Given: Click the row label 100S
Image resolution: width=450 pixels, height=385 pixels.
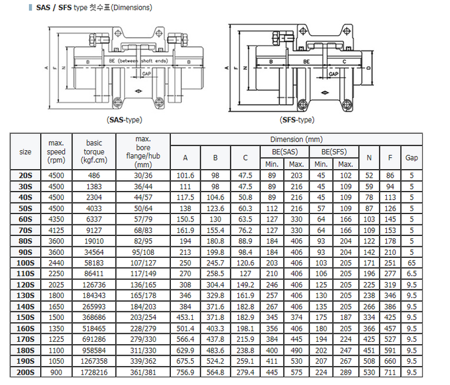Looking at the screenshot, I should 26,262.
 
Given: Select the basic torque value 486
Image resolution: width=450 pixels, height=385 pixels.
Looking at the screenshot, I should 94,175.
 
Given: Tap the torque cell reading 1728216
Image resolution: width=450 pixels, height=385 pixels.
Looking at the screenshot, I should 94,372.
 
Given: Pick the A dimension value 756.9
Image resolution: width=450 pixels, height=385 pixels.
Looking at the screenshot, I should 185,372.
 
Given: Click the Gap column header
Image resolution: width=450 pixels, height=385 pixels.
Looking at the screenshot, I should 412,158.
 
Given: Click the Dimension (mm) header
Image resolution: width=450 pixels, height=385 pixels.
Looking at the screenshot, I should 296,139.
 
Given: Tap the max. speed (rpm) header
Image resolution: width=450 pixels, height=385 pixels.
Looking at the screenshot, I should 56,151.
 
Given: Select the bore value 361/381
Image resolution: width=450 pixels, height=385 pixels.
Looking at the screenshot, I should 144,372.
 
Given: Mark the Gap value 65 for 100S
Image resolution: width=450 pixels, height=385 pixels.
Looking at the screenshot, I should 412,262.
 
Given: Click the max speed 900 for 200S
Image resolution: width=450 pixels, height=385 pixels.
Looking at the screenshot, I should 56,372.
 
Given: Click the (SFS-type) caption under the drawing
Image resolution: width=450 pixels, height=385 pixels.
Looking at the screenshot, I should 297,120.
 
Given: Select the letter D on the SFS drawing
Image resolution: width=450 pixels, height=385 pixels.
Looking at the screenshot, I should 369,68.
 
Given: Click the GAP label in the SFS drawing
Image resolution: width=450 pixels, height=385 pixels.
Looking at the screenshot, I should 333,74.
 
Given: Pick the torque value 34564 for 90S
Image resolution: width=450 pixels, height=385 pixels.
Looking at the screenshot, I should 94,251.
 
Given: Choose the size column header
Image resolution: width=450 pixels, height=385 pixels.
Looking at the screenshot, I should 26,151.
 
